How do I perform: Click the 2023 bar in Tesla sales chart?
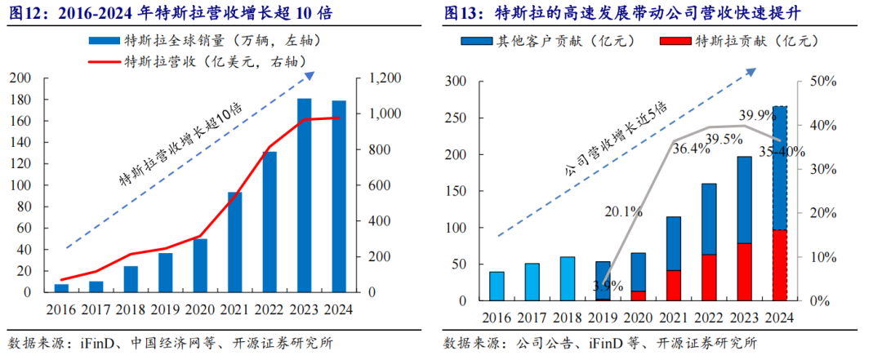(304, 196)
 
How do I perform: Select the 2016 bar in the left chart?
(61, 287)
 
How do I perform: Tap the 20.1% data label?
(624, 212)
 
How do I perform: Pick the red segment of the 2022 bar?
(709, 278)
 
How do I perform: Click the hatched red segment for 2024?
(779, 265)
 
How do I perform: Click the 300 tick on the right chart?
(455, 82)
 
